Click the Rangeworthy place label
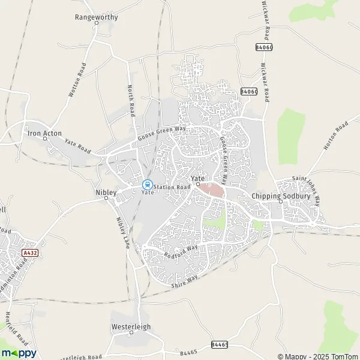coord(96,17)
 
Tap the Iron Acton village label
coord(44,133)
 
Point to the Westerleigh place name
coord(131,327)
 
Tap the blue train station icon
coord(147,185)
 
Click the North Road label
coord(131,103)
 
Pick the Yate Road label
coord(77,146)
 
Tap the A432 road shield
coord(28,254)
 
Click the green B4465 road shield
coord(219,344)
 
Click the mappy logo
coord(19,353)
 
